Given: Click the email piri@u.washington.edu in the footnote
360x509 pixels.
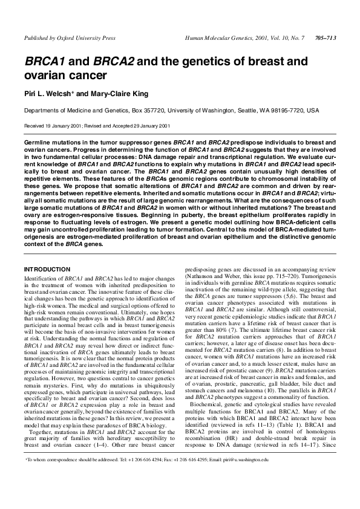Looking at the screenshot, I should pyautogui.click(x=243, y=477).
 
